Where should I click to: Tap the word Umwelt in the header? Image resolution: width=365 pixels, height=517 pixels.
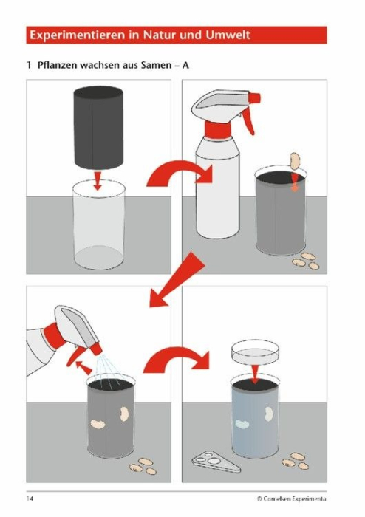pos(228,35)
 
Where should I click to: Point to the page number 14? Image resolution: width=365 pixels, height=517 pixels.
pos(30,499)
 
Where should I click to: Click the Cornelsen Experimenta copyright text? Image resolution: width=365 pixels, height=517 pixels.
pos(291,499)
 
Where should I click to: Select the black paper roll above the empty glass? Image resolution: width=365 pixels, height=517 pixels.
pos(98,128)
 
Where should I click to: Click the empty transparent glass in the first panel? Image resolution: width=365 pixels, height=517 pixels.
pos(98,225)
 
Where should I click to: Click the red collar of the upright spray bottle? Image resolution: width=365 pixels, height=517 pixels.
pos(218,129)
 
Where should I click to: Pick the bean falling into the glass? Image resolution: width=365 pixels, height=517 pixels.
pos(294,160)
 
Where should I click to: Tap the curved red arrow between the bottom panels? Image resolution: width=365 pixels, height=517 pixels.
pos(177,360)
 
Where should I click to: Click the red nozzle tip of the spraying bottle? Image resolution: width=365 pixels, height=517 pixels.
pos(96,349)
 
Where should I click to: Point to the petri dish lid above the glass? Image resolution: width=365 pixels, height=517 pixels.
pos(255,352)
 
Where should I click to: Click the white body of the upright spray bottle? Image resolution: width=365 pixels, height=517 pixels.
pos(217,188)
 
